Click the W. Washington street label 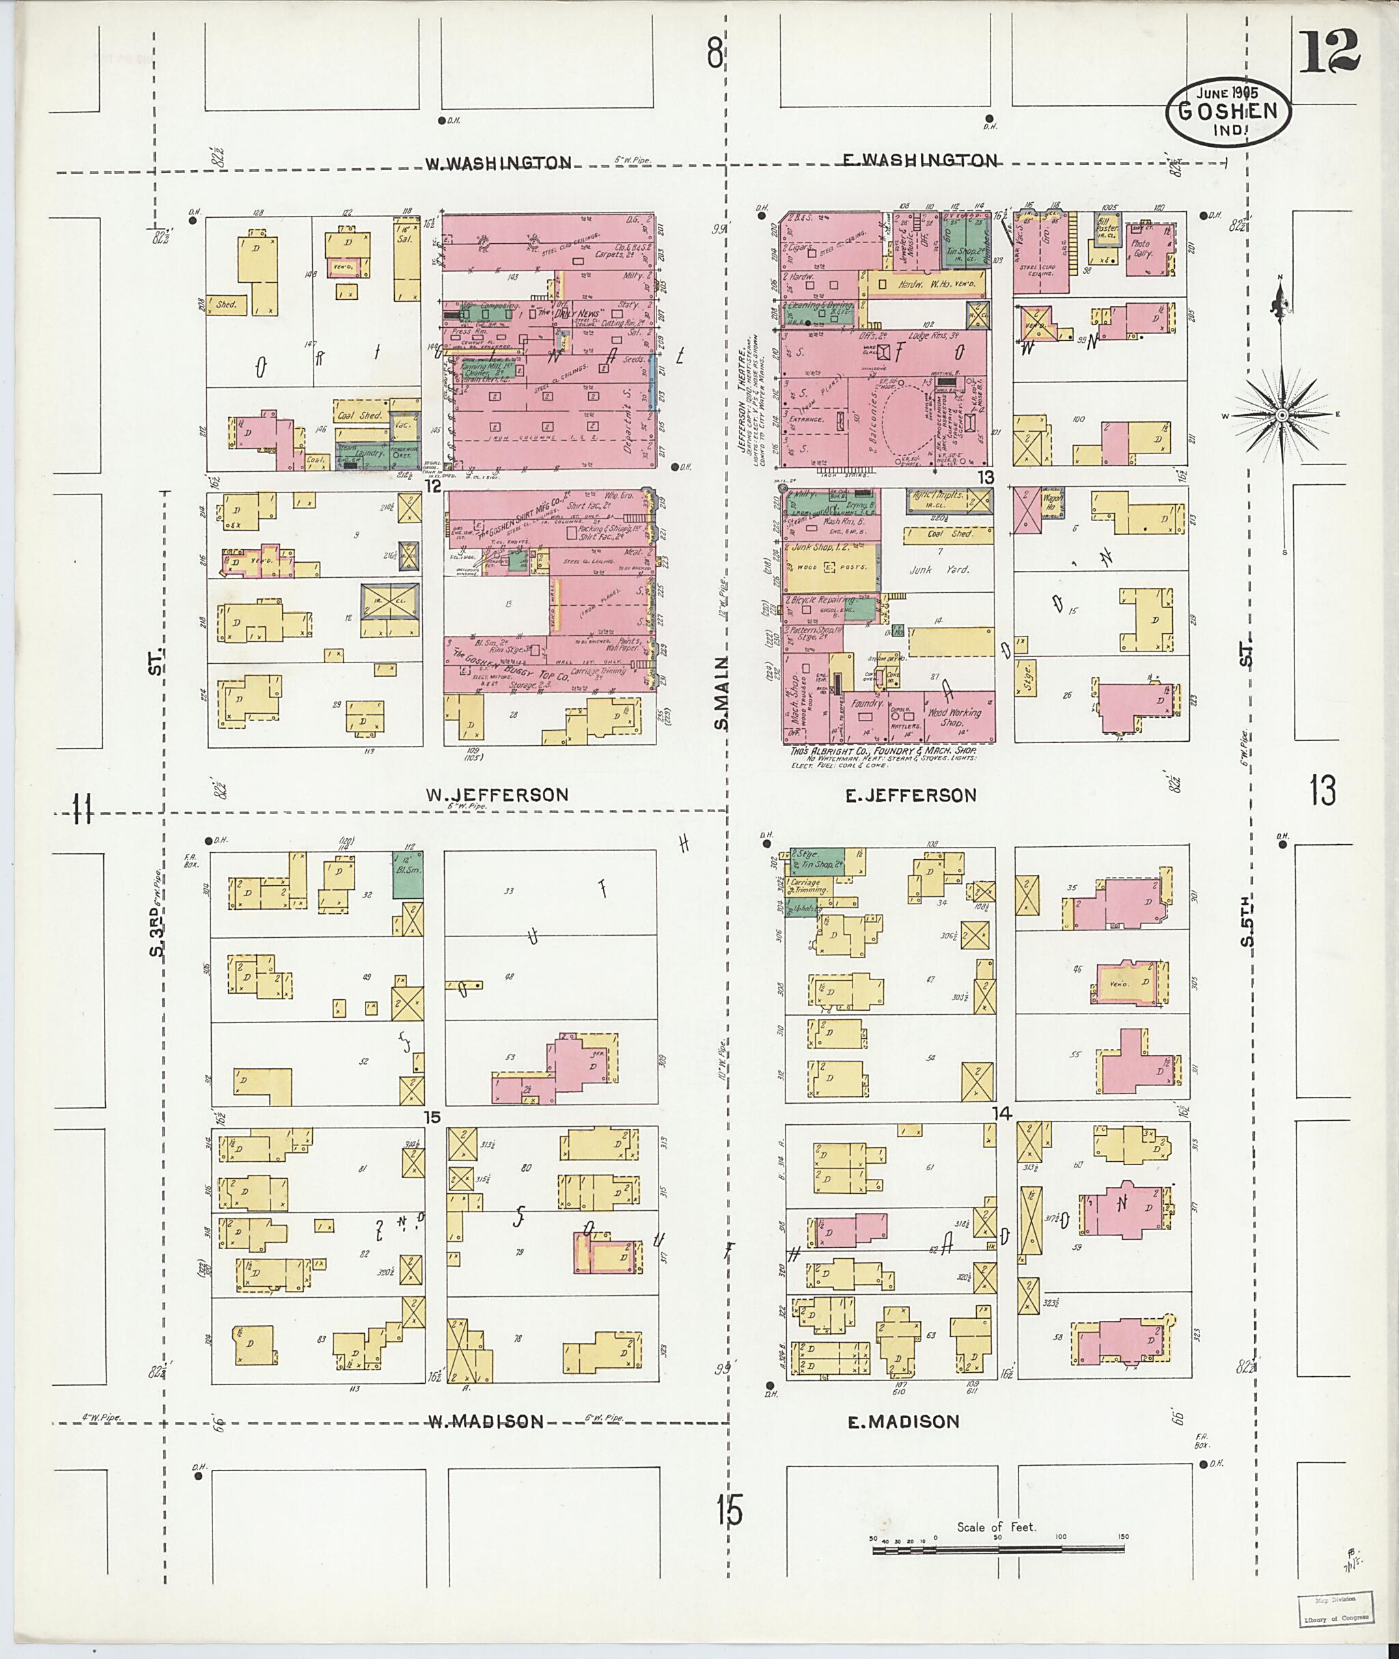(x=498, y=163)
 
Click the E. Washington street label (x=920, y=161)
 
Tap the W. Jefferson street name (x=497, y=794)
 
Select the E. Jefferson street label (x=911, y=794)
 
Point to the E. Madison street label (x=903, y=1422)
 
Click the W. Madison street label (x=486, y=1422)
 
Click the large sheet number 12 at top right (x=1329, y=50)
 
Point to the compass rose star (x=1282, y=415)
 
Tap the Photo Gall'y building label (x=1142, y=250)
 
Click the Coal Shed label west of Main (x=360, y=415)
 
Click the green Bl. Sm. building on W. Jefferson (x=408, y=874)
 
